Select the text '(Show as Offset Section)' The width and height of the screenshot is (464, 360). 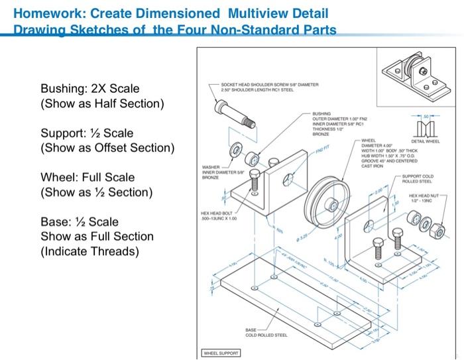[x=107, y=148]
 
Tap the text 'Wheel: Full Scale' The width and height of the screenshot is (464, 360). [x=87, y=177]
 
